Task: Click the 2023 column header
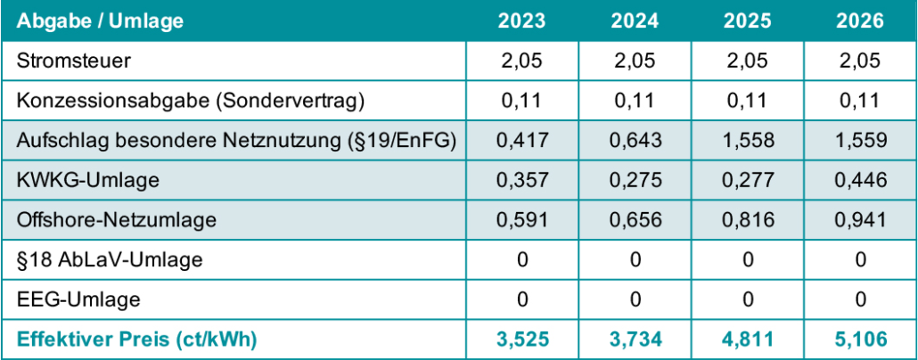pyautogui.click(x=522, y=21)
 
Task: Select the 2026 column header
pyautogui.click(x=860, y=21)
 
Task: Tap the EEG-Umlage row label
pyautogui.click(x=78, y=299)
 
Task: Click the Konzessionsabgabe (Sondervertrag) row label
pyautogui.click(x=191, y=101)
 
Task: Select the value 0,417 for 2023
pyautogui.click(x=522, y=140)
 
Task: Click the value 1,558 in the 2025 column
pyautogui.click(x=748, y=140)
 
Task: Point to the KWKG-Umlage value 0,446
pyautogui.click(x=860, y=180)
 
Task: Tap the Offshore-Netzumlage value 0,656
pyautogui.click(x=635, y=219)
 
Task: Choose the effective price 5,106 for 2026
pyautogui.click(x=860, y=339)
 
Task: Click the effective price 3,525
pyautogui.click(x=522, y=339)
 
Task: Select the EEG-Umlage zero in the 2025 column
pyautogui.click(x=748, y=299)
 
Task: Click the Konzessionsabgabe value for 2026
pyautogui.click(x=860, y=101)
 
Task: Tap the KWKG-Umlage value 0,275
pyautogui.click(x=635, y=180)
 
